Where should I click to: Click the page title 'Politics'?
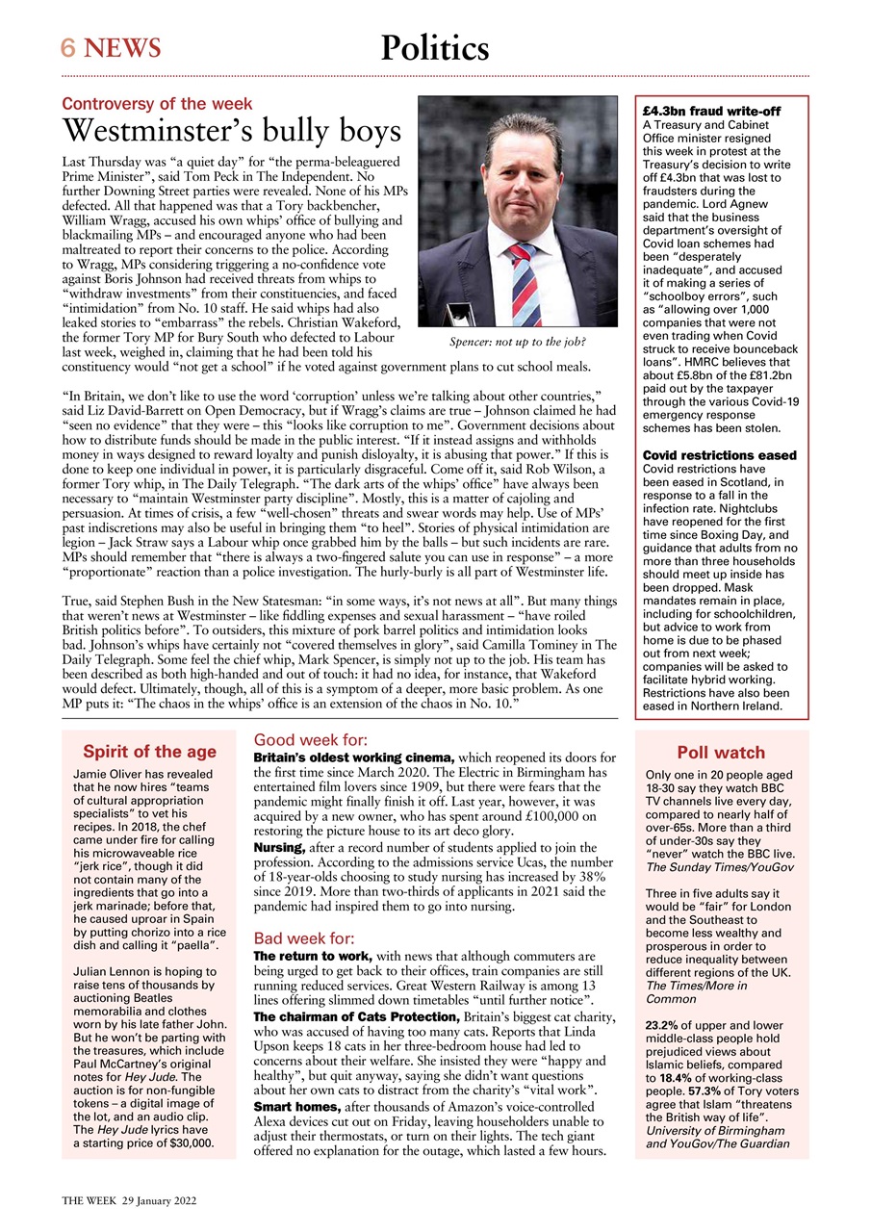click(434, 47)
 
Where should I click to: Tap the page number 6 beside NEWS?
click(69, 47)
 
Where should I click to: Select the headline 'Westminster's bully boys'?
click(231, 132)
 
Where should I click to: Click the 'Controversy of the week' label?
click(157, 104)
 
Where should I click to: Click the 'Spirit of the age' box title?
click(149, 752)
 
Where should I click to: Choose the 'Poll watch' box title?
click(721, 753)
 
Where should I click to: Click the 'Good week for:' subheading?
click(310, 740)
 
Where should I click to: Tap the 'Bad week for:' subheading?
click(304, 938)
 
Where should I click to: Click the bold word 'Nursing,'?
click(279, 846)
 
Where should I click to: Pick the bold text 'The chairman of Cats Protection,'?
click(357, 1016)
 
